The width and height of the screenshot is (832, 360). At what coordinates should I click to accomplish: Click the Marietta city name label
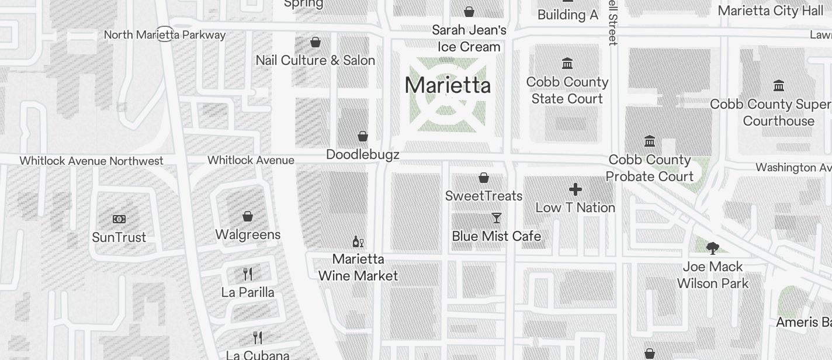448,85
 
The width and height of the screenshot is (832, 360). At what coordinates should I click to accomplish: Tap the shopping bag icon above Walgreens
248,217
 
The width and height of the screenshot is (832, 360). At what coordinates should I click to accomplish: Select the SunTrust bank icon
119,219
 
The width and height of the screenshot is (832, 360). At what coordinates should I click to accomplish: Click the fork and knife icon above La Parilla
248,274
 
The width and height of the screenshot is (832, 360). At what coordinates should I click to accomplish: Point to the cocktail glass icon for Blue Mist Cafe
497,218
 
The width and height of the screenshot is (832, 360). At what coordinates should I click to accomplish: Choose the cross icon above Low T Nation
576,189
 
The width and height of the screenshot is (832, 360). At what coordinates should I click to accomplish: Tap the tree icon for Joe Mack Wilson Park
712,248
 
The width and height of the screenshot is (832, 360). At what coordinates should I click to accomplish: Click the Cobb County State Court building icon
567,63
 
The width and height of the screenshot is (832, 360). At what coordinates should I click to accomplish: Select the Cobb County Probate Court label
650,168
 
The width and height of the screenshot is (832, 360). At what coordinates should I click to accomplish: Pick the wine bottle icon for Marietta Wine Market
358,241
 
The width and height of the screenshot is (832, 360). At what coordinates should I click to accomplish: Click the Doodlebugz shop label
363,154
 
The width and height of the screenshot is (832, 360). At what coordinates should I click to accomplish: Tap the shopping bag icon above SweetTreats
484,178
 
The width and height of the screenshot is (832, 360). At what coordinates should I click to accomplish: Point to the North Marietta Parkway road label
165,34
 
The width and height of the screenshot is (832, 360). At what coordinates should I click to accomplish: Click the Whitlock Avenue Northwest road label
92,161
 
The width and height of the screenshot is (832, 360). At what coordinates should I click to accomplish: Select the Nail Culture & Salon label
316,60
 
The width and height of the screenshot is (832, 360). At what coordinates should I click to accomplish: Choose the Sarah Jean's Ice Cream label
469,38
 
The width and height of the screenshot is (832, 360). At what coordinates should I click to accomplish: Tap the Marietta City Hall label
770,11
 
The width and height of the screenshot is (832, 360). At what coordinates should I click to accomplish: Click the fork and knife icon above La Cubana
258,337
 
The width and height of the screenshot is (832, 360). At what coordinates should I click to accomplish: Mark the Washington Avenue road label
793,168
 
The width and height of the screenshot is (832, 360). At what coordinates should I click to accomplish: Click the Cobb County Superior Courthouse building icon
778,86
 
